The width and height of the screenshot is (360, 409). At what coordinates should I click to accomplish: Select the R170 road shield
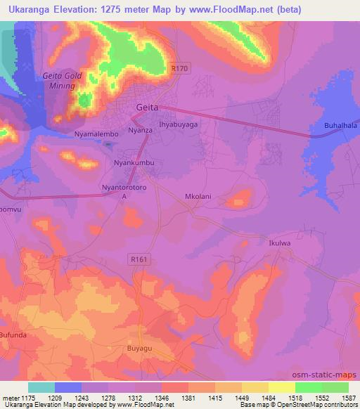pos(180,68)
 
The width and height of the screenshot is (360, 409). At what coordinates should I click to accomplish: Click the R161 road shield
pos(139,259)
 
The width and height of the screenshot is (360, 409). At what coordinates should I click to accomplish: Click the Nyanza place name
pos(140,131)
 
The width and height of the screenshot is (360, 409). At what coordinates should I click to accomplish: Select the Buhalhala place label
pos(340,126)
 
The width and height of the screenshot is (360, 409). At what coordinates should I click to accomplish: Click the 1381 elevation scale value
pos(188,398)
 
